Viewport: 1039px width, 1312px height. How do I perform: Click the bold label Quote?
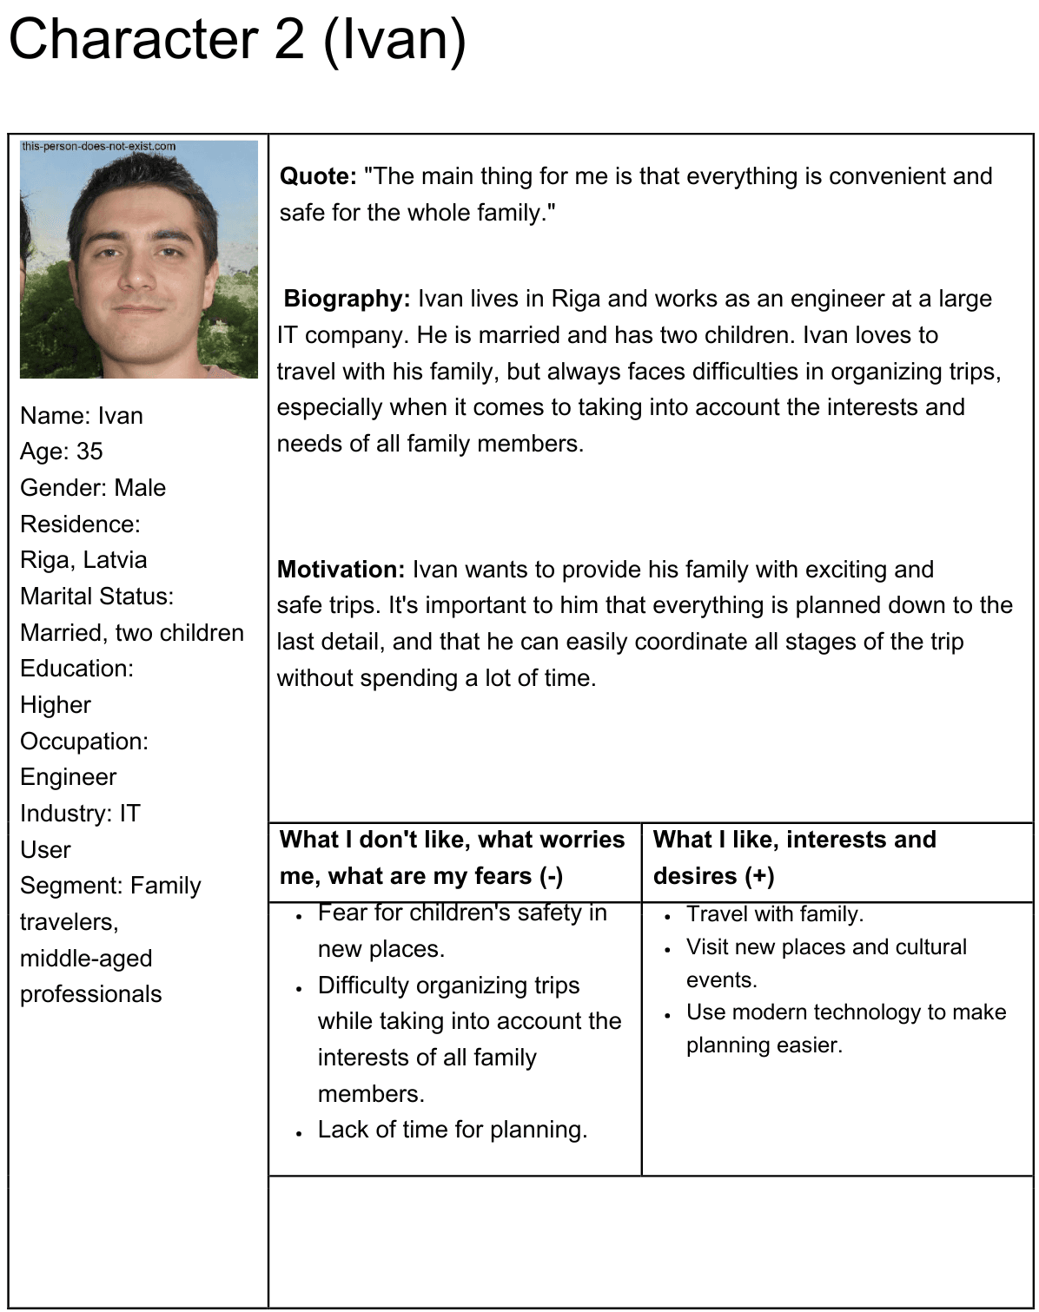coord(318,176)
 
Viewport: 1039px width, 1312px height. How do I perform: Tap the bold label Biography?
coord(347,299)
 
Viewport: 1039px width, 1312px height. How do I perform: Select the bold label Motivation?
coord(341,570)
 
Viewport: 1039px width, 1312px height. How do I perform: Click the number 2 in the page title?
coord(289,40)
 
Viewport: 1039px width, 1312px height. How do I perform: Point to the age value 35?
coord(89,452)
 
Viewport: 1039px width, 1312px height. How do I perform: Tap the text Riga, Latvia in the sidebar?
coord(83,560)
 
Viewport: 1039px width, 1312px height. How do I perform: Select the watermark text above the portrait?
coord(98,146)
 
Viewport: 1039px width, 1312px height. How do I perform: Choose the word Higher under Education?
coord(56,705)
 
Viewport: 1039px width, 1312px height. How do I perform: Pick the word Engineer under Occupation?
coord(69,777)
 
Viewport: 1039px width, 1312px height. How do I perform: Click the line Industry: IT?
coord(80,814)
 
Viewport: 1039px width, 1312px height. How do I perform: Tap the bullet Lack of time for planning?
coord(453,1130)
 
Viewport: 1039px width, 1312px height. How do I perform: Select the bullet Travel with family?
coord(775,914)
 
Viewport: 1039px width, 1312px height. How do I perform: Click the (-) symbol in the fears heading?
coord(551,876)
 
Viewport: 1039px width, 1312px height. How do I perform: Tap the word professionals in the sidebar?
coord(91,994)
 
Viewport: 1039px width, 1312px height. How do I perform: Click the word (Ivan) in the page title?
coord(394,40)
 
